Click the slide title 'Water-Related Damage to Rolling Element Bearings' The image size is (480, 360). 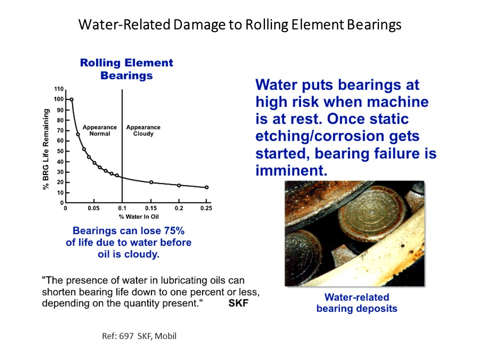[x=239, y=25]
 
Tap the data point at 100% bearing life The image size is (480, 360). [x=71, y=99]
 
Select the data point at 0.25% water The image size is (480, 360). [x=206, y=187]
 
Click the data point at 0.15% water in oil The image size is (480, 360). [x=151, y=182]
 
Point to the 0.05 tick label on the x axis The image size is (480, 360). [x=93, y=208]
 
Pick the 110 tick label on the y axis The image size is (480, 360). [x=59, y=89]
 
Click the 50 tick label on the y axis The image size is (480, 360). [x=60, y=151]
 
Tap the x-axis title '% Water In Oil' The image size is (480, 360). [x=138, y=216]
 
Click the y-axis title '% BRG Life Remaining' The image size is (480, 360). [x=45, y=149]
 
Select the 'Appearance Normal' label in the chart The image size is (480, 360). [x=100, y=130]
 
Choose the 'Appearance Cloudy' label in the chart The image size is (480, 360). [x=143, y=130]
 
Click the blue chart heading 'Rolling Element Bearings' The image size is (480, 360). [x=126, y=69]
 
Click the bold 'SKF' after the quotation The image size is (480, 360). [x=238, y=303]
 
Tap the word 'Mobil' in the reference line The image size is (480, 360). [x=165, y=336]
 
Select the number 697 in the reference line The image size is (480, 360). [x=126, y=336]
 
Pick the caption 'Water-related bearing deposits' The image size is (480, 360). [x=356, y=303]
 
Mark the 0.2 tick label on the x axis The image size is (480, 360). [x=179, y=208]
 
